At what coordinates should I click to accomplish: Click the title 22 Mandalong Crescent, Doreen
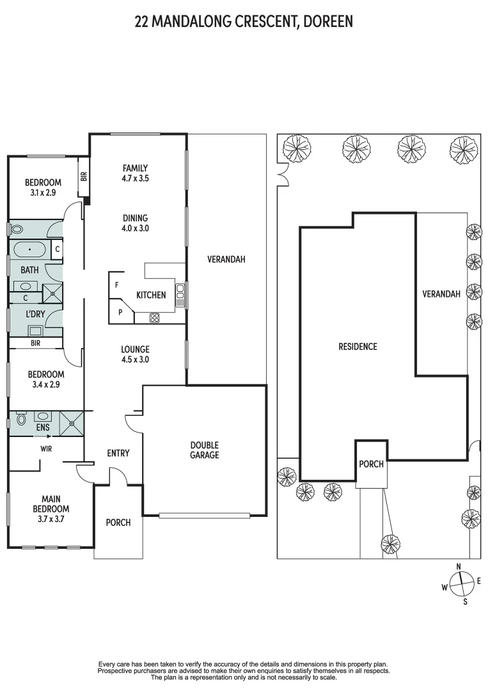(x=244, y=22)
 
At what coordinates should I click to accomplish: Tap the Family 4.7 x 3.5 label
(x=135, y=173)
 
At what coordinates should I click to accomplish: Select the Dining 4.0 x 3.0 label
(x=135, y=223)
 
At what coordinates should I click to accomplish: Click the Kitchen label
(x=151, y=295)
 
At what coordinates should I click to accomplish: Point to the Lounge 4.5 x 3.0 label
(x=135, y=354)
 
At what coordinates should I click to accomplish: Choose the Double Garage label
(x=204, y=450)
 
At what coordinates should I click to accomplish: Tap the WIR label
(x=46, y=449)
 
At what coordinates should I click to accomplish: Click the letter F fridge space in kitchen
(x=116, y=284)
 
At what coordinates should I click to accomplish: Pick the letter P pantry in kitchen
(x=120, y=312)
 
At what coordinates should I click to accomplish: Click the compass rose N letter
(x=459, y=566)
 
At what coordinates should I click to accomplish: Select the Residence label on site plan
(x=358, y=347)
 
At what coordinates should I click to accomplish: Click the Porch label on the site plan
(x=371, y=464)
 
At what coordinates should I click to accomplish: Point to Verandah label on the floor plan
(x=226, y=259)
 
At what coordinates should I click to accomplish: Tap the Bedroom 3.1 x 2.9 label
(x=43, y=187)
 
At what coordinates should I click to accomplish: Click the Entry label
(x=118, y=453)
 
